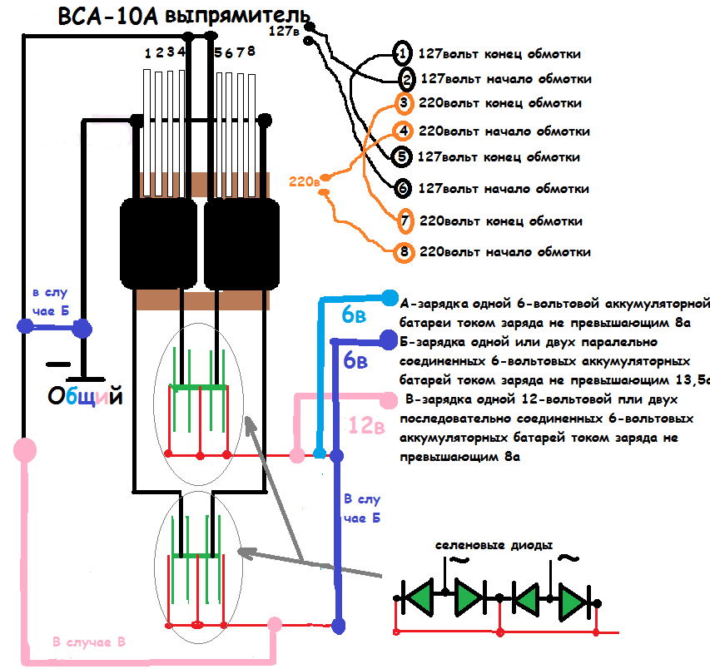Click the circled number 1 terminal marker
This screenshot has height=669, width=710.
[x=402, y=53]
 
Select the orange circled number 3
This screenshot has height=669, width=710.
[x=404, y=102]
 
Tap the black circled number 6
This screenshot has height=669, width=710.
[x=403, y=188]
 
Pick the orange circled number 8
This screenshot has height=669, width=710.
[x=404, y=251]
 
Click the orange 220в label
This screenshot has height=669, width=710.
[x=305, y=181]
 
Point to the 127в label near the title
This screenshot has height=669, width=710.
[x=284, y=31]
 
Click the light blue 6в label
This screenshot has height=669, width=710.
[x=354, y=315]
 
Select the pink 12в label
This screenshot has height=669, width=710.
[x=367, y=425]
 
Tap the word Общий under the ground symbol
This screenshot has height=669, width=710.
[x=85, y=396]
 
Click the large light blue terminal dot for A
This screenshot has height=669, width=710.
[x=390, y=298]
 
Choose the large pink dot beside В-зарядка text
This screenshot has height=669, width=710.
[x=388, y=399]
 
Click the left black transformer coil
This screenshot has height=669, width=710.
[x=158, y=244]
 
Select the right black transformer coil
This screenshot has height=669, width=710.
[x=241, y=245]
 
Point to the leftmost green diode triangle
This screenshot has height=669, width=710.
[x=419, y=597]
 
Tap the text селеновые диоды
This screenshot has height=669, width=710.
[x=494, y=545]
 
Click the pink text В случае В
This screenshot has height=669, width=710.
[x=89, y=642]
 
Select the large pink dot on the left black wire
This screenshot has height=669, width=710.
[x=25, y=449]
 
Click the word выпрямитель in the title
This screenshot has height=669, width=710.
[x=237, y=17]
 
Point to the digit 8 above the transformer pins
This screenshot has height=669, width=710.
[x=251, y=51]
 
